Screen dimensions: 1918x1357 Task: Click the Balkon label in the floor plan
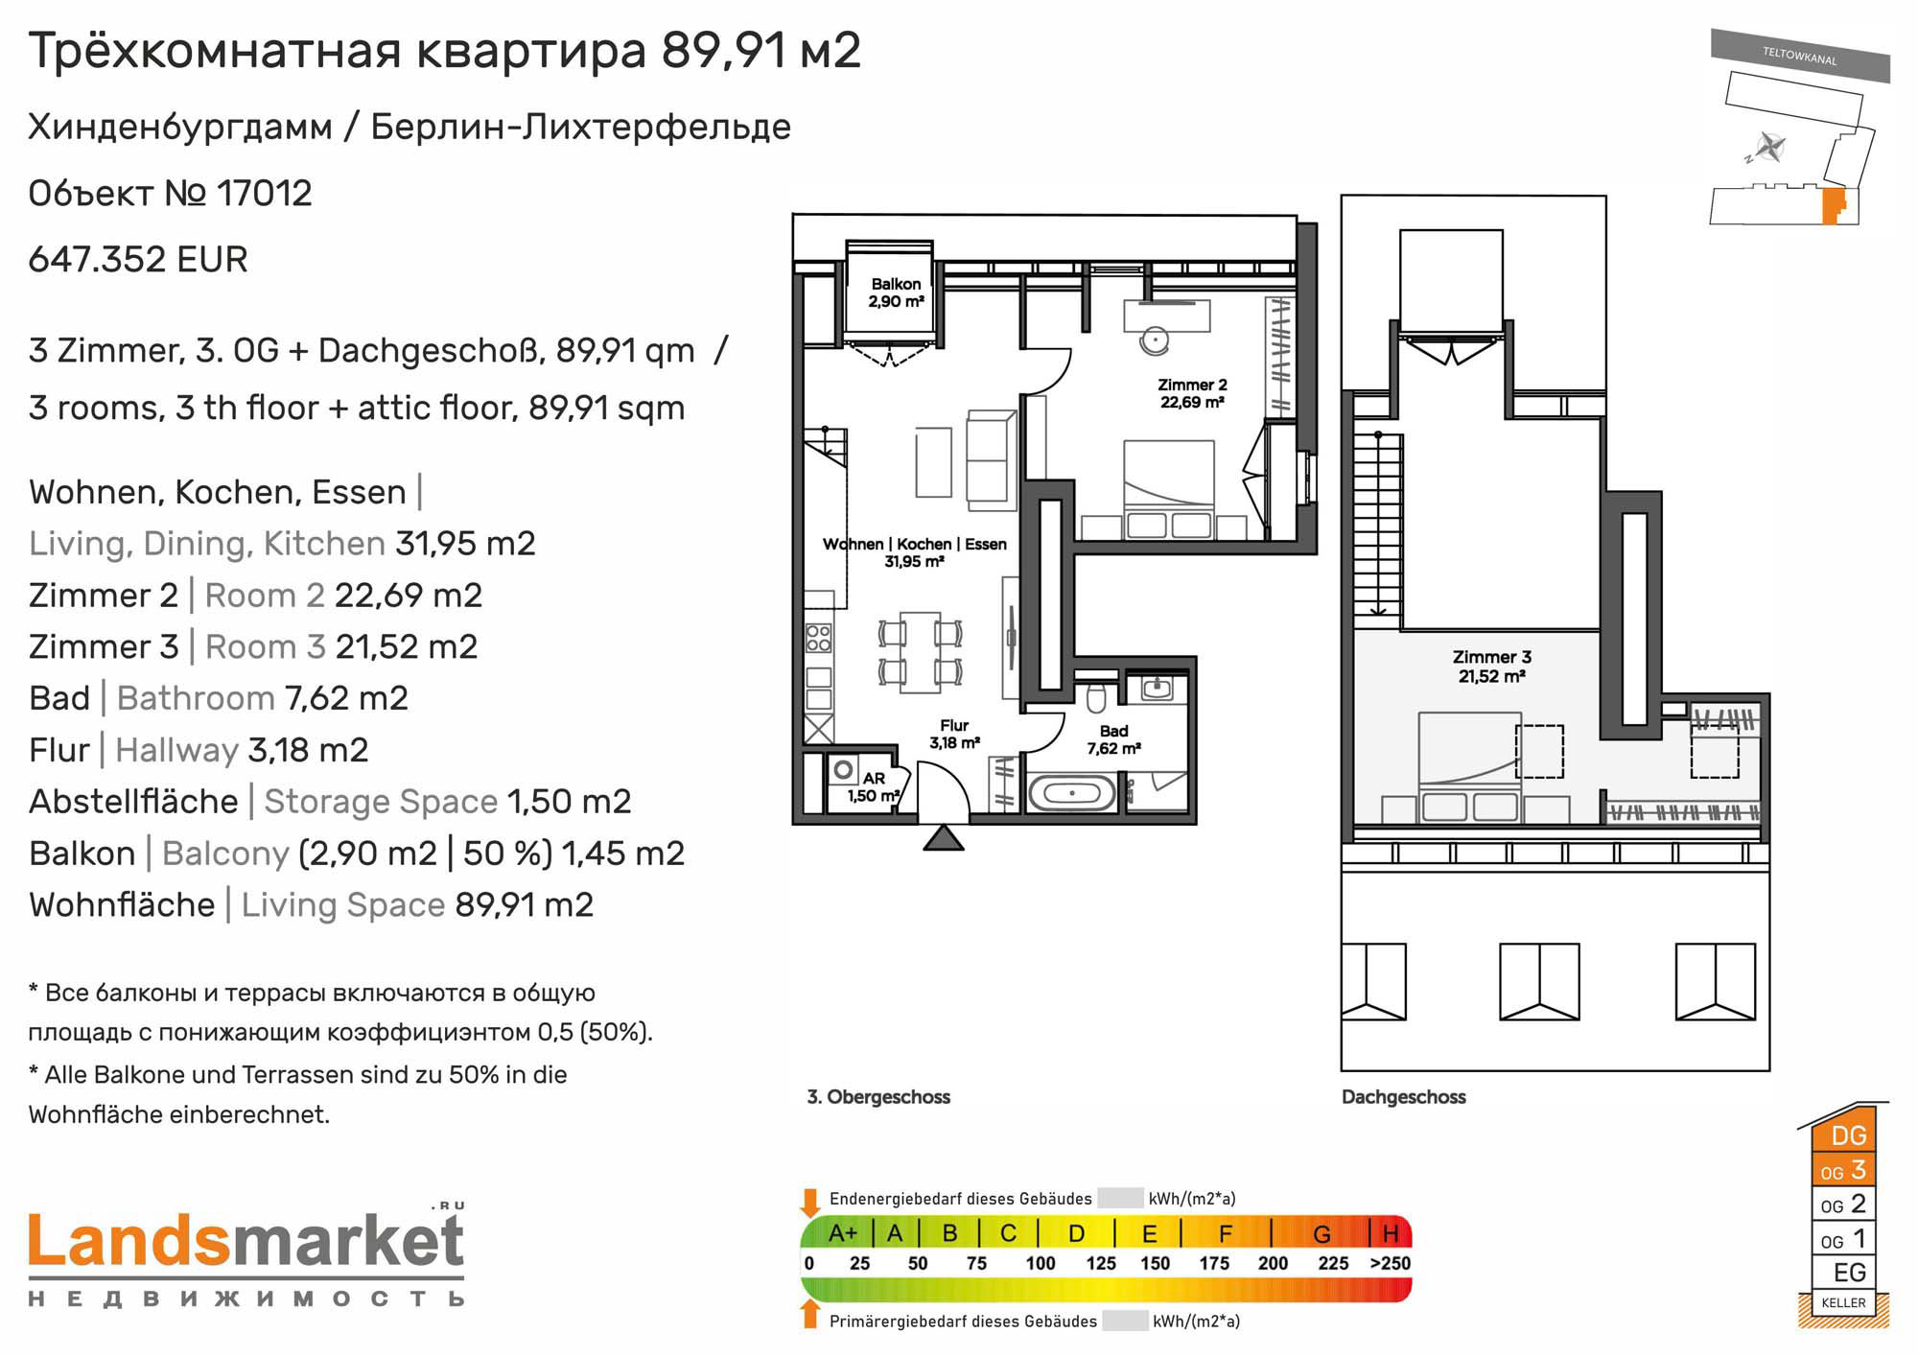[897, 284]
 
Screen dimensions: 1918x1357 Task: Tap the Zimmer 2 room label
[1192, 385]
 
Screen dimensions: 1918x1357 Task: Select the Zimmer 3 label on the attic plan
[1492, 657]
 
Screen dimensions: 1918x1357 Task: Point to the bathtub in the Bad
[1072, 793]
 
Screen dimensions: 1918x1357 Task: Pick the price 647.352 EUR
[138, 259]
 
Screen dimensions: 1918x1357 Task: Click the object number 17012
[265, 194]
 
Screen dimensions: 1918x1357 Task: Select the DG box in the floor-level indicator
[1848, 1135]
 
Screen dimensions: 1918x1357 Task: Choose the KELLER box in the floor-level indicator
[1843, 1302]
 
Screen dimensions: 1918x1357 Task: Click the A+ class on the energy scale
[842, 1233]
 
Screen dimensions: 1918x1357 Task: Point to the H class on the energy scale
[1391, 1233]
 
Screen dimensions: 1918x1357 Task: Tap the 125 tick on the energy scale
[1101, 1263]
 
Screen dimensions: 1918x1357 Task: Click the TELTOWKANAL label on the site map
[1800, 56]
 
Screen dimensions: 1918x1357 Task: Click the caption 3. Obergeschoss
[878, 1097]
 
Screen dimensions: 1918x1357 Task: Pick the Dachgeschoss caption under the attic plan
[1404, 1097]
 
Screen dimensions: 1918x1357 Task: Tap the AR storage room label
[874, 779]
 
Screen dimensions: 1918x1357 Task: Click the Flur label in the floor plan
[954, 726]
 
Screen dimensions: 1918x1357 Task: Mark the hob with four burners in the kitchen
[819, 638]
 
